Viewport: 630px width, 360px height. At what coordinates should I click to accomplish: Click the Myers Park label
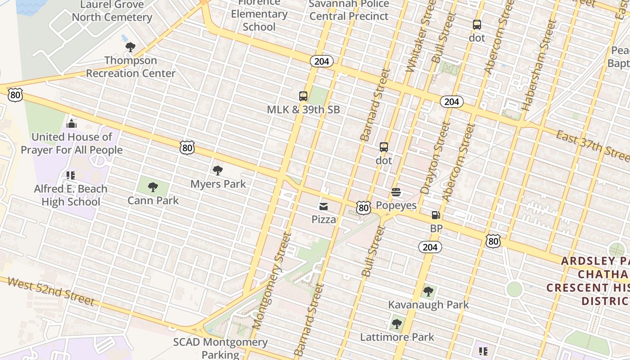[218, 184]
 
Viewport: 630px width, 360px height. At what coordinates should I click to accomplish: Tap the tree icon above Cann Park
[153, 187]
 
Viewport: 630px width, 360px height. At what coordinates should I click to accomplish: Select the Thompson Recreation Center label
[131, 67]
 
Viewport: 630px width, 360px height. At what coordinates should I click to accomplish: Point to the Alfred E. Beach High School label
[71, 195]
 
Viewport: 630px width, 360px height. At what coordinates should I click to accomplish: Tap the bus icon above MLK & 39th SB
[303, 96]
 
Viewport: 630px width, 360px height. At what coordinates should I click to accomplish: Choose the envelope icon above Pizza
[324, 207]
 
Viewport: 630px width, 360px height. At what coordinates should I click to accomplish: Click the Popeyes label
[396, 206]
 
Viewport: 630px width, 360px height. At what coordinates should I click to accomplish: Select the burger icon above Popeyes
[396, 193]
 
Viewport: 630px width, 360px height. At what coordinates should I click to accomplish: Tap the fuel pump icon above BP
[436, 215]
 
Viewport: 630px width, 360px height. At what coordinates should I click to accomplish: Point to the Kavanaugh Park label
[428, 305]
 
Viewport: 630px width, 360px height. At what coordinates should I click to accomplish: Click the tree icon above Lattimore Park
[396, 324]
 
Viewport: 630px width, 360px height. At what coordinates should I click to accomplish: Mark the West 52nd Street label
[51, 291]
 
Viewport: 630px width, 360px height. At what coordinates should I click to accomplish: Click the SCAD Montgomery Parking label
[220, 348]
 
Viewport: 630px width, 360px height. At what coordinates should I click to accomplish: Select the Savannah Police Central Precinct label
[349, 10]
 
